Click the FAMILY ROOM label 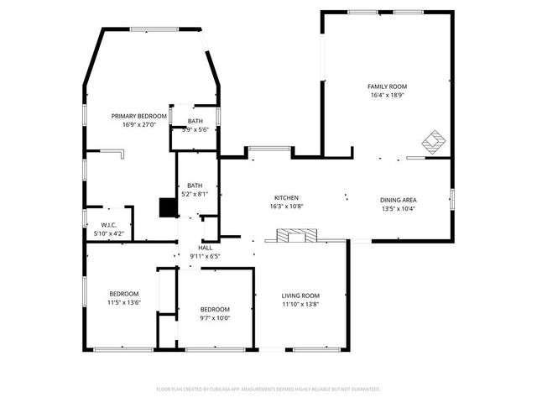387,86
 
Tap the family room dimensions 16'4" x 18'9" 387,95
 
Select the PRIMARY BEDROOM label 139,116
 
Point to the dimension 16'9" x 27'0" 139,124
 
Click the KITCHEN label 286,197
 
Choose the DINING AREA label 399,200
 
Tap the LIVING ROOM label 300,296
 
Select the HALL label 205,248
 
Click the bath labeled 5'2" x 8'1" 195,186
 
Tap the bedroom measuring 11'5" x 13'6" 123,294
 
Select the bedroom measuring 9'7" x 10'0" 214,309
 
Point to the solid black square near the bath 166,207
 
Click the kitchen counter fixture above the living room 293,236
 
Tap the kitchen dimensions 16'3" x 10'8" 286,206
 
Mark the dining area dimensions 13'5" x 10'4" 399,208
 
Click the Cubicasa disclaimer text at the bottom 268,389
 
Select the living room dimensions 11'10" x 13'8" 300,304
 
